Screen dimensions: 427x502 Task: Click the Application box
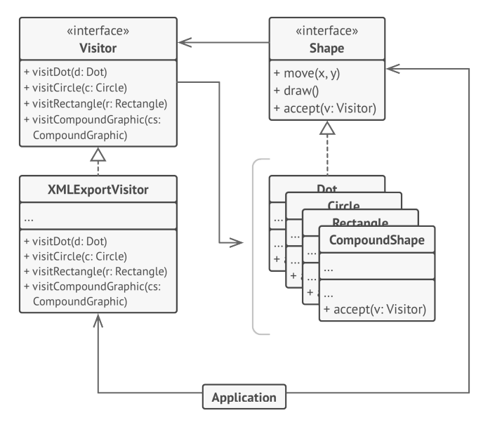[x=245, y=397]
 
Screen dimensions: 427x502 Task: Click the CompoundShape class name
[x=377, y=240]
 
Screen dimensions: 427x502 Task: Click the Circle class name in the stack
[x=343, y=206]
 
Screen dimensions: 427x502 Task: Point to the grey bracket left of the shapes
[x=255, y=246]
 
